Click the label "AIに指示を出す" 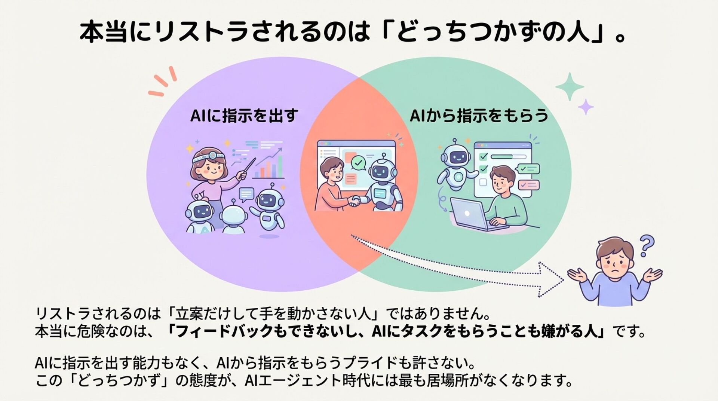pos(244,116)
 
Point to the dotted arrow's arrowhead pos(551,280)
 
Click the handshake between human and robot pos(354,202)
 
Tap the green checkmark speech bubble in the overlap pos(358,163)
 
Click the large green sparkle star pos(569,86)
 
